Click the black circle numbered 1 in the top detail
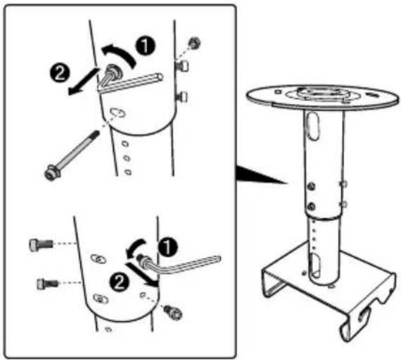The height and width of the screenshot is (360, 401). tap(145, 46)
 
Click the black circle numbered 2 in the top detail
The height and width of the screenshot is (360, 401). tap(60, 72)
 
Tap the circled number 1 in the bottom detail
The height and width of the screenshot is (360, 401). tap(167, 247)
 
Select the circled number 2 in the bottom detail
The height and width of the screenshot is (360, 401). tap(119, 282)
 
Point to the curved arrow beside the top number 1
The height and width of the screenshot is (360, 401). tap(120, 53)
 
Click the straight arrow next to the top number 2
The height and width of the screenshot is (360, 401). tap(82, 81)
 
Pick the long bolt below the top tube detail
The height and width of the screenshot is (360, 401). tap(71, 156)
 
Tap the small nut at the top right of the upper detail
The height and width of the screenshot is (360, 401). tap(194, 43)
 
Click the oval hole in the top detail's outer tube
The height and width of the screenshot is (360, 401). tap(117, 112)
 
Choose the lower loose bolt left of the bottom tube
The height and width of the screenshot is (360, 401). tap(48, 283)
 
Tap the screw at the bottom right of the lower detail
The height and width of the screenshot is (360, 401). tap(173, 312)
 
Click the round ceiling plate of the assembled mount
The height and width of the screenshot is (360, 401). tap(322, 97)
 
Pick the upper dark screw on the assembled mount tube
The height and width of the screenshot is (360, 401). tap(311, 186)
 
